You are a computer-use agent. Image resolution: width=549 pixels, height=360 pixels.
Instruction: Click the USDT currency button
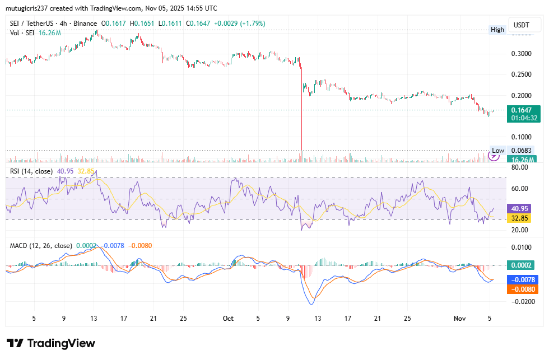522,26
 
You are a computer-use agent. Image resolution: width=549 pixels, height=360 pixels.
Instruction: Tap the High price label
497,30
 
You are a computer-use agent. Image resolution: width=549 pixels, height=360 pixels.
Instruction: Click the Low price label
497,151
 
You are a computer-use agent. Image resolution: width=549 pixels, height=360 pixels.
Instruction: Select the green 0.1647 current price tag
525,110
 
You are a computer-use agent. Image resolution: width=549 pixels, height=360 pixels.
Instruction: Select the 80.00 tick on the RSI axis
520,167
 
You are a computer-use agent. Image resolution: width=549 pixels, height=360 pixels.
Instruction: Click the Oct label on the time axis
227,318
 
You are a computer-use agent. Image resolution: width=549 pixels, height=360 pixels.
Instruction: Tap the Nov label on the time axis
459,318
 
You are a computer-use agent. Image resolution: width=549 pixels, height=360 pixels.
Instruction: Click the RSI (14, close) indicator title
31,170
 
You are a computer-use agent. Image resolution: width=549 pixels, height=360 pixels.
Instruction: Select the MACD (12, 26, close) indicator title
41,245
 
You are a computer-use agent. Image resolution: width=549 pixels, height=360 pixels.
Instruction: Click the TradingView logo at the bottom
51,343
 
